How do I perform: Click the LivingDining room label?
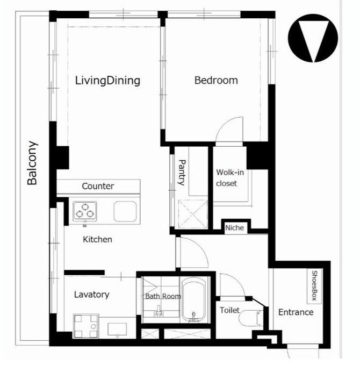[x=107, y=81]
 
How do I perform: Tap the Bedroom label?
[x=216, y=80]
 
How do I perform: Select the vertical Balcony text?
[x=32, y=163]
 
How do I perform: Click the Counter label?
[x=98, y=186]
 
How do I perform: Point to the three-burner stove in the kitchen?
[x=85, y=211]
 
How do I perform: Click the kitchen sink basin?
[x=125, y=211]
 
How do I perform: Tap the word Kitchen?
[x=97, y=240]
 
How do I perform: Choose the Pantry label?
[x=182, y=172]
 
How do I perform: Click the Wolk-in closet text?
[x=229, y=178]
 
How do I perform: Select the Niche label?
[x=235, y=228]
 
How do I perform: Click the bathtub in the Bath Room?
[x=194, y=300]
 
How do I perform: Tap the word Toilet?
[x=229, y=310]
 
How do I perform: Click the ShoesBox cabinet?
[x=314, y=287]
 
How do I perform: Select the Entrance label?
[x=296, y=312]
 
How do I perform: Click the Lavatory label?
[x=92, y=295]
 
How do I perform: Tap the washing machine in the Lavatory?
[x=86, y=326]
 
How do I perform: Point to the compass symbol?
[x=313, y=38]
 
